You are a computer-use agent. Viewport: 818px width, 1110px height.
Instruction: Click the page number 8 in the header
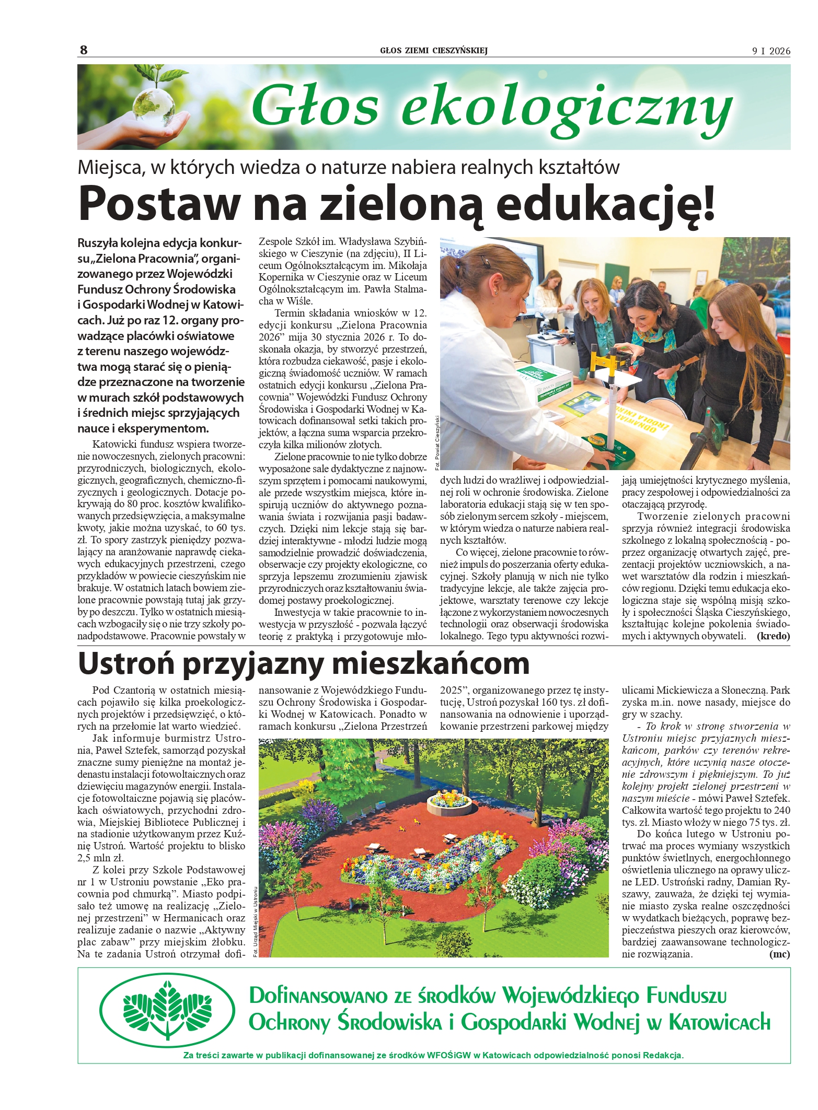84,50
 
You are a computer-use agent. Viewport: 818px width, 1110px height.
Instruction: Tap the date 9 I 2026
771,51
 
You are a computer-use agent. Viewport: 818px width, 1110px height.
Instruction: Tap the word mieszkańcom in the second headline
431,663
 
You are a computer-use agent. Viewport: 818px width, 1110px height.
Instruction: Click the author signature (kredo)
773,636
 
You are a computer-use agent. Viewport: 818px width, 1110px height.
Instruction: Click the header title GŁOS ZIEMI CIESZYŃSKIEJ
434,51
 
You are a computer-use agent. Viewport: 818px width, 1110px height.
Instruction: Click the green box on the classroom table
545,382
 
